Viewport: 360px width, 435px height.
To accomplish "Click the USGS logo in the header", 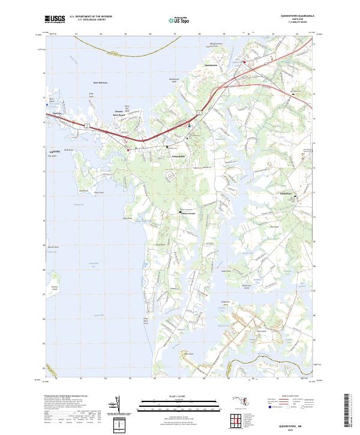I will pyautogui.click(x=55, y=19).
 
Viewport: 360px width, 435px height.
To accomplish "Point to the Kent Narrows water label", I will pyautogui.click(x=100, y=83).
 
